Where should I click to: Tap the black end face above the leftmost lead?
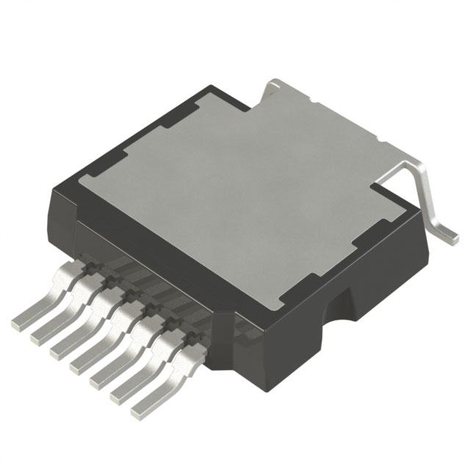[x=62, y=213]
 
